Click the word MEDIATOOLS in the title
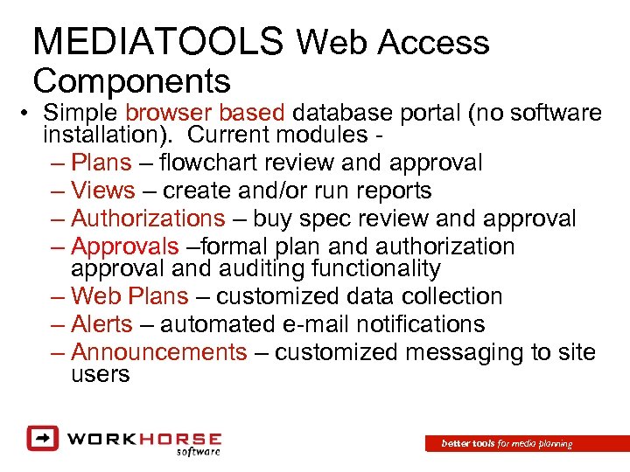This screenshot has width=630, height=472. pos(158,41)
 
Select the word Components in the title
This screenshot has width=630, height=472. pos(132,80)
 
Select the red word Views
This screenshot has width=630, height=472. pos(103,190)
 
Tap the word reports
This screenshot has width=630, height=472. pos(395,190)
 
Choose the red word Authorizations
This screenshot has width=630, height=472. pos(148,218)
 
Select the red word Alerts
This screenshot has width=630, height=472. pos(101,324)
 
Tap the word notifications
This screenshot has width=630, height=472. pos(409,324)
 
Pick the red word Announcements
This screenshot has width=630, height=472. pos(159,352)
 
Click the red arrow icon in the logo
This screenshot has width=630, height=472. pos(41,437)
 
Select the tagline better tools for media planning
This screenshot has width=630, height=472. pos(507,444)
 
